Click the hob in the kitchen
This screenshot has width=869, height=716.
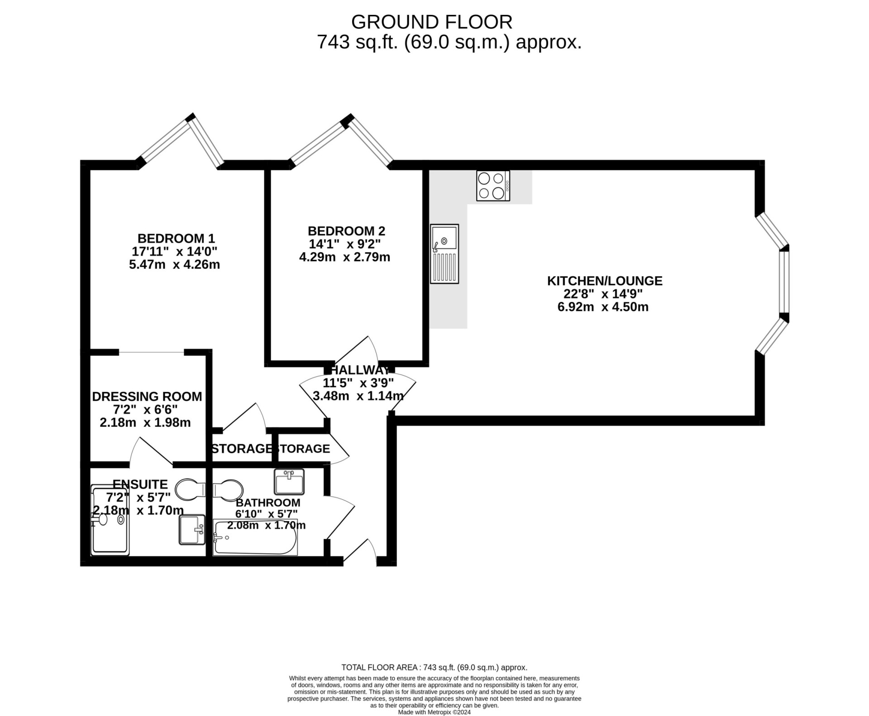[493, 185]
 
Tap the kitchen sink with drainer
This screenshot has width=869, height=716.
[444, 254]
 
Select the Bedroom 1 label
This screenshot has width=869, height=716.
[176, 238]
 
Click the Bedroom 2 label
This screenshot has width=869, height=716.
[346, 231]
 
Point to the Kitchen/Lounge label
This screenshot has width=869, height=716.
[604, 281]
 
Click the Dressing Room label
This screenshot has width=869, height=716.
[147, 397]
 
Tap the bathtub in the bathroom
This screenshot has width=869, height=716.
[255, 538]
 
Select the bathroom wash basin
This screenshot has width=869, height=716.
[289, 481]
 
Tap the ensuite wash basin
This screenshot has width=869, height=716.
[192, 529]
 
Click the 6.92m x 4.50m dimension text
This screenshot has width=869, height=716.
[602, 307]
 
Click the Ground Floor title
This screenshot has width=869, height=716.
[431, 22]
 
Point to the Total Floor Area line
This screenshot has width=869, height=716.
[434, 668]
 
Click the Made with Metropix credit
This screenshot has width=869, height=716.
[434, 712]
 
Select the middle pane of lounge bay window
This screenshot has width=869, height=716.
[784, 281]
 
